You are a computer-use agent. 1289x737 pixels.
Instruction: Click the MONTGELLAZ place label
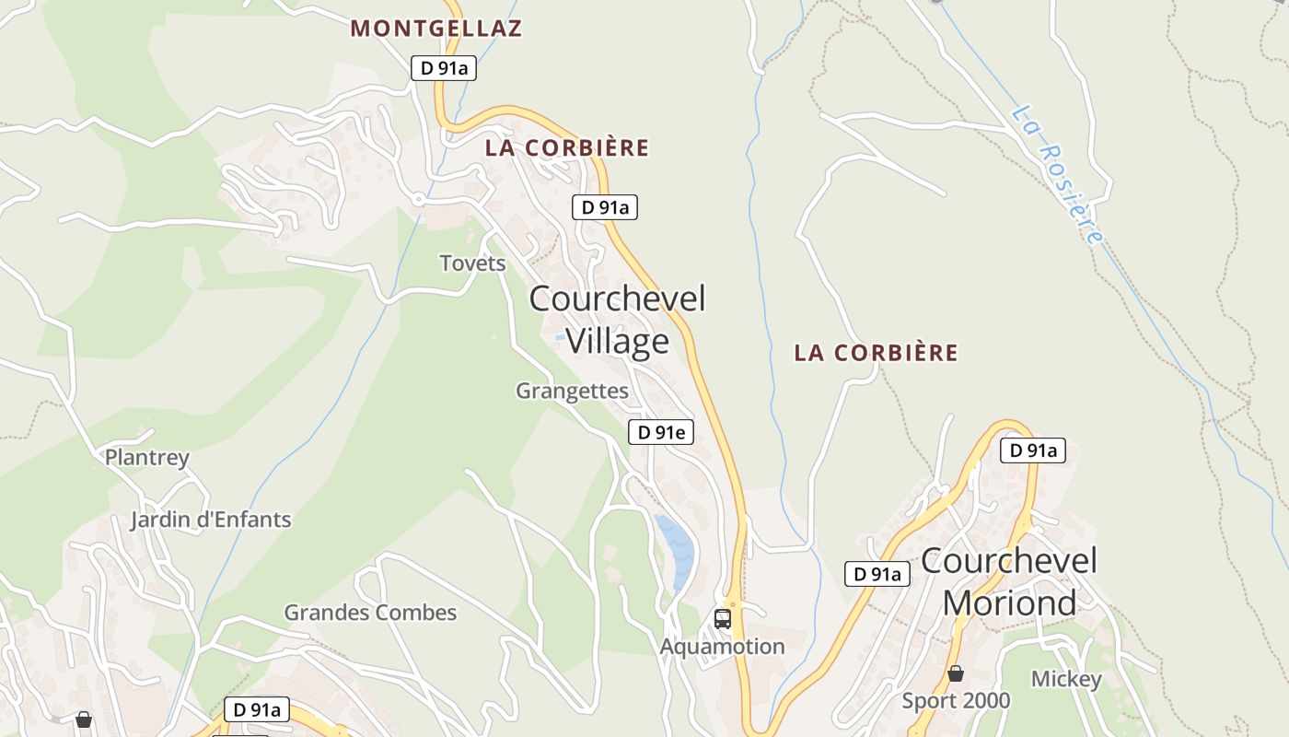click(x=435, y=29)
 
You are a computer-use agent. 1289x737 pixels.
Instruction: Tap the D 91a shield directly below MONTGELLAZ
click(x=443, y=68)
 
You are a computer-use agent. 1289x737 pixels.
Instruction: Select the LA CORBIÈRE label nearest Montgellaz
click(x=567, y=147)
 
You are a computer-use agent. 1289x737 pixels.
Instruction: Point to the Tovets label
click(x=472, y=263)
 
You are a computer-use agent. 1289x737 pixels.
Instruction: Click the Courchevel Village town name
click(x=617, y=319)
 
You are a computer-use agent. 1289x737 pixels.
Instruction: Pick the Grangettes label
click(x=572, y=391)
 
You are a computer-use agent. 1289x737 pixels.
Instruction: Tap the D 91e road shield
click(x=660, y=431)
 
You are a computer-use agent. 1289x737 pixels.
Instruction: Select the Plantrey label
click(x=146, y=457)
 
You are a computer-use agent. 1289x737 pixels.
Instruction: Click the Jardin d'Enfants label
click(x=210, y=520)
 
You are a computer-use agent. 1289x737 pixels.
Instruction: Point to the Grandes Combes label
click(x=370, y=613)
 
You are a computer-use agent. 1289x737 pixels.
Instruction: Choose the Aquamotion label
click(x=722, y=647)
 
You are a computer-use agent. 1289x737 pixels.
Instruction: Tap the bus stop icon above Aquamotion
click(x=723, y=618)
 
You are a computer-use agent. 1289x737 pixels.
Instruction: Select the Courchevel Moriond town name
click(x=1009, y=581)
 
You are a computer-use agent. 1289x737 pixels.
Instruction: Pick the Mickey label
click(x=1065, y=680)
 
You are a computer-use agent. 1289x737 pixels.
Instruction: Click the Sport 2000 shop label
click(x=956, y=701)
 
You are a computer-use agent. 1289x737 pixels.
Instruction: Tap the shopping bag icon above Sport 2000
click(x=956, y=674)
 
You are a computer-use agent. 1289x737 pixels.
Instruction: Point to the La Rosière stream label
click(x=1056, y=174)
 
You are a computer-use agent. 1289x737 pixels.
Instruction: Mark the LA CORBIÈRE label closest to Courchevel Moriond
click(x=876, y=353)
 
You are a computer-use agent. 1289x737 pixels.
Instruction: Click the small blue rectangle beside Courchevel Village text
click(x=560, y=338)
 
